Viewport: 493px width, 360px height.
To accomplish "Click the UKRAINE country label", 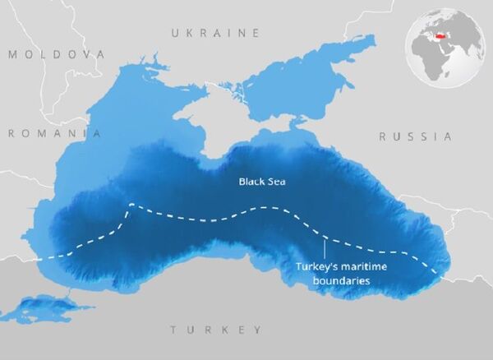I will [214, 33].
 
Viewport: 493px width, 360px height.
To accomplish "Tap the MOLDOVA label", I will [57, 53].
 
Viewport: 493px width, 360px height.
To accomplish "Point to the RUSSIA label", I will [415, 136].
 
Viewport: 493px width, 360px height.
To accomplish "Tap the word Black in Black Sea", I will [250, 181].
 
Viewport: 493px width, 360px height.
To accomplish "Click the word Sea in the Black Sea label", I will [278, 181].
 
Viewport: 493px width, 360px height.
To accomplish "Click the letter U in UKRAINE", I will [174, 33].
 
